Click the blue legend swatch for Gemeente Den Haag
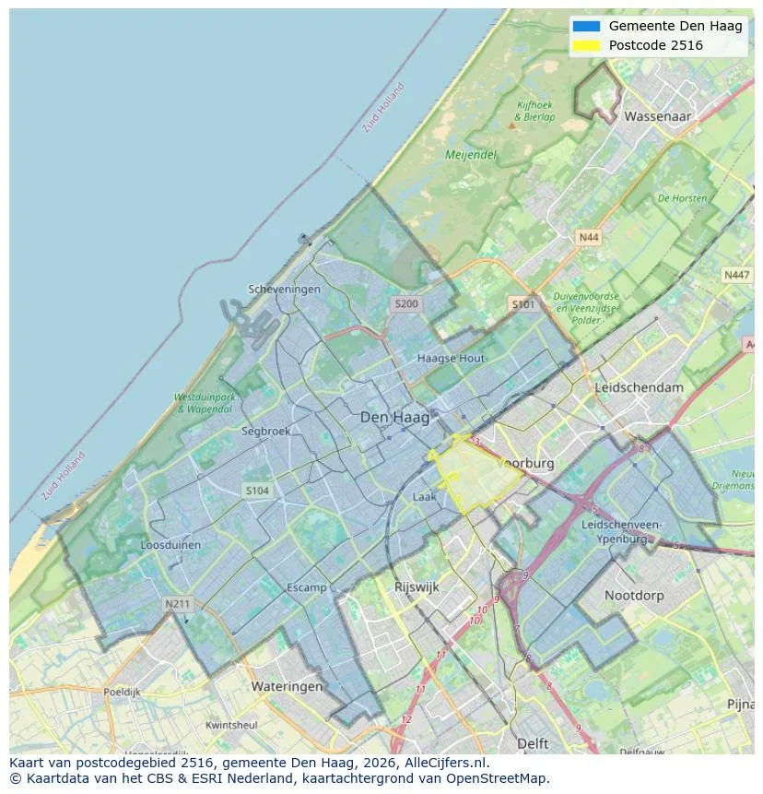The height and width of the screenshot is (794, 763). [585, 26]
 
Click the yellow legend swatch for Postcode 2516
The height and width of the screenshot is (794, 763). [585, 45]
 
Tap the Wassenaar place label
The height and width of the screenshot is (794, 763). [657, 117]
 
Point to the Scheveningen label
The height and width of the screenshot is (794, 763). [285, 289]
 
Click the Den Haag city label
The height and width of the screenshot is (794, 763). [394, 418]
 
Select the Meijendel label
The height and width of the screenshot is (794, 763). [471, 155]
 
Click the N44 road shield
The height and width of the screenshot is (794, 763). [588, 237]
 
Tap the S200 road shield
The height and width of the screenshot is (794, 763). [405, 303]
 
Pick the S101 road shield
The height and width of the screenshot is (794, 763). [522, 303]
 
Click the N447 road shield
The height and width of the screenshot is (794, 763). [736, 275]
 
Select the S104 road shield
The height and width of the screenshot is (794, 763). [257, 491]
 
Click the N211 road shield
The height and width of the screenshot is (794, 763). [177, 604]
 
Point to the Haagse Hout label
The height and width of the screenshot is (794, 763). [451, 358]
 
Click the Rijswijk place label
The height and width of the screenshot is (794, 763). [417, 587]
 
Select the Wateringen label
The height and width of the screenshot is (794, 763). [287, 686]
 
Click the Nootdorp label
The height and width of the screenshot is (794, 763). [634, 596]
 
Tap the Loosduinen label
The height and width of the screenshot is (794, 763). [170, 545]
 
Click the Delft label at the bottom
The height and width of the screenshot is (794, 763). [533, 743]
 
